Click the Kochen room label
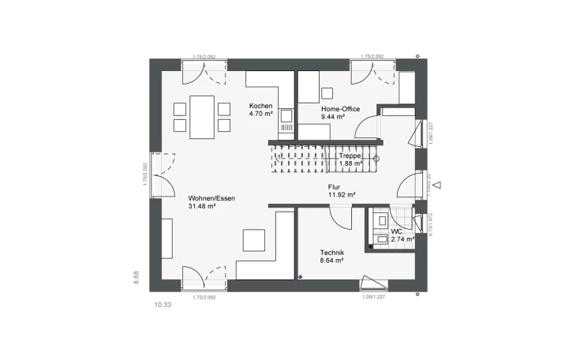[x=260, y=107]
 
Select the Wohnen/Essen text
[x=211, y=198]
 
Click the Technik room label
[x=331, y=252]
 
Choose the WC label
[x=397, y=231]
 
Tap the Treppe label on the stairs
[x=350, y=156]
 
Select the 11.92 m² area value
[x=342, y=194]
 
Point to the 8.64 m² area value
[x=331, y=261]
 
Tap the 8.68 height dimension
[x=136, y=276]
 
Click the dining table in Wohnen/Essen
[x=202, y=115]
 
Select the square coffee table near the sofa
[x=254, y=240]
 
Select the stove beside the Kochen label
[x=287, y=119]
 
